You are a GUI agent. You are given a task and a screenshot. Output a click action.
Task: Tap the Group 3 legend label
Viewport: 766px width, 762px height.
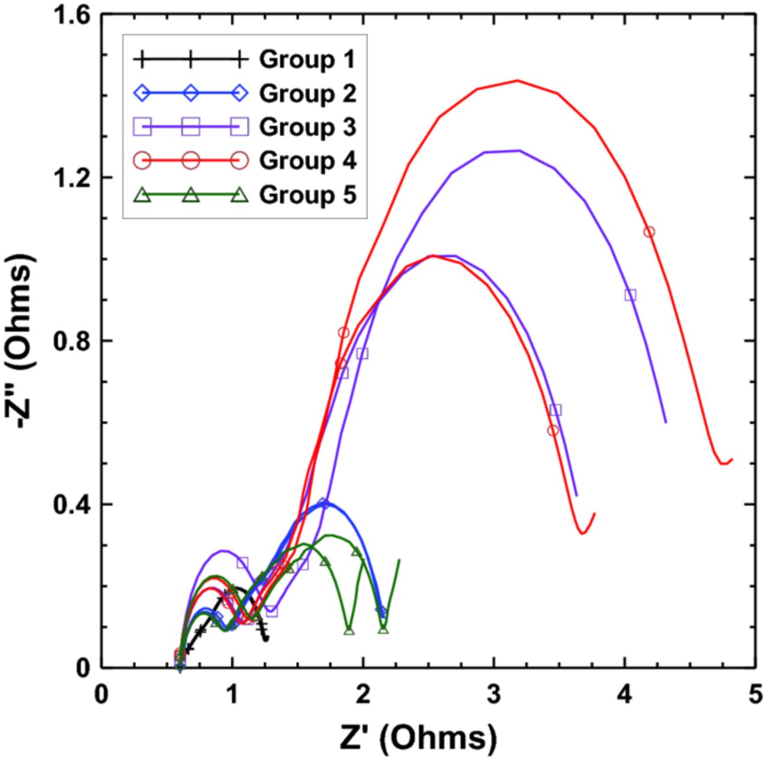point(308,127)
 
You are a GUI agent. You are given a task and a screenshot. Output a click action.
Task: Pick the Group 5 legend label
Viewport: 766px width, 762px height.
point(308,195)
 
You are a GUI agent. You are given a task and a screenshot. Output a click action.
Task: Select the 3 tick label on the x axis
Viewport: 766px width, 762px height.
point(493,696)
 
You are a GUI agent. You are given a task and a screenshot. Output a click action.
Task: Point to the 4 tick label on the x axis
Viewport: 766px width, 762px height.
point(624,696)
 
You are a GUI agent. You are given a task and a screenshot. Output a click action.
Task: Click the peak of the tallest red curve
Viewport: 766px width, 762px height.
point(518,80)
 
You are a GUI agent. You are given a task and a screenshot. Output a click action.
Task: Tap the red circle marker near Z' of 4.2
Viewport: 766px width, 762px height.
point(649,232)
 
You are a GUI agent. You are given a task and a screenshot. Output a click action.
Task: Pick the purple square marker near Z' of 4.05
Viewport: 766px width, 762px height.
point(630,295)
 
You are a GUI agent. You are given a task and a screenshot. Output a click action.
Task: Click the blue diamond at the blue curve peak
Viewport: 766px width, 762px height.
point(323,503)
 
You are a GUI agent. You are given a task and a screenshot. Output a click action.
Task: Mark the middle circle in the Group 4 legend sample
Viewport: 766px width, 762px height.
point(190,160)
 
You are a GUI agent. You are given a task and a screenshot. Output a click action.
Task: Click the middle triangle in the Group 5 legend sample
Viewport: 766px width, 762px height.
point(190,195)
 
